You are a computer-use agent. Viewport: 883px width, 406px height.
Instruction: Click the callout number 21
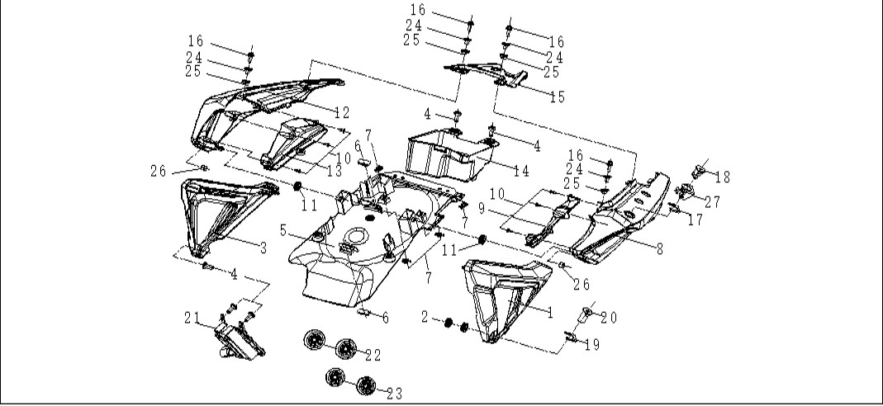pyautogui.click(x=192, y=319)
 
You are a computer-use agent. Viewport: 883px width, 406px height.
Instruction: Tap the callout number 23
pyautogui.click(x=395, y=394)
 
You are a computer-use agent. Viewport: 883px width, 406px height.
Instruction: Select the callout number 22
pyautogui.click(x=373, y=356)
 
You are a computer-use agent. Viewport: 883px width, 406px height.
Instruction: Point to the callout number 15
pyautogui.click(x=557, y=97)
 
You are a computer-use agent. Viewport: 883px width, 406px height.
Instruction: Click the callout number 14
pyautogui.click(x=522, y=171)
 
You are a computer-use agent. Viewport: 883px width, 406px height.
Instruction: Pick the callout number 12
pyautogui.click(x=342, y=112)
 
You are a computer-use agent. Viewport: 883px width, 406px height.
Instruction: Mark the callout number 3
pyautogui.click(x=263, y=248)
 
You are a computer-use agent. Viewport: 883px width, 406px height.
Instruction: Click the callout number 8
pyautogui.click(x=659, y=248)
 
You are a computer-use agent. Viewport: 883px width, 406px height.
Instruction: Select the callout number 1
pyautogui.click(x=550, y=313)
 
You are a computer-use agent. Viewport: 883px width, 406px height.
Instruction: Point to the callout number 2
pyautogui.click(x=425, y=317)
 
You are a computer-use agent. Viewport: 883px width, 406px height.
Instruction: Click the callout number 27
pyautogui.click(x=712, y=202)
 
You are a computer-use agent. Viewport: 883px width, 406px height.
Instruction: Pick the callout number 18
pyautogui.click(x=723, y=177)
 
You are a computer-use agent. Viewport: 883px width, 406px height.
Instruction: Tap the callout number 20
pyautogui.click(x=609, y=319)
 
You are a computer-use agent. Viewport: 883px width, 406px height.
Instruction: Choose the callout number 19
pyautogui.click(x=592, y=345)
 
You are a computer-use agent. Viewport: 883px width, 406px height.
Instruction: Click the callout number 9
pyautogui.click(x=482, y=209)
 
